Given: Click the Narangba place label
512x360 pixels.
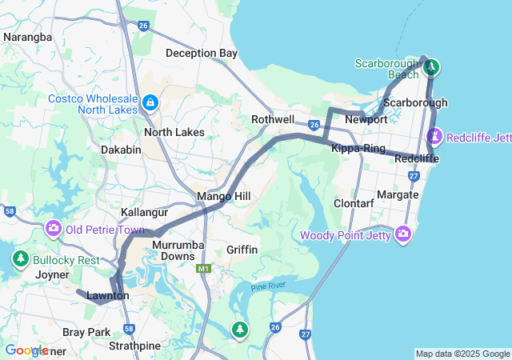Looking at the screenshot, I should [28, 37].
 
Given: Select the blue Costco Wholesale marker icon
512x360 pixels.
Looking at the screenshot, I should [150, 103].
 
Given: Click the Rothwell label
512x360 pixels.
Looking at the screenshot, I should [273, 119].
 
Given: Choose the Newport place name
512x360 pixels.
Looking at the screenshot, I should [366, 119].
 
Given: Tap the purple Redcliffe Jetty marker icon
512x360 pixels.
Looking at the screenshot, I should [435, 137].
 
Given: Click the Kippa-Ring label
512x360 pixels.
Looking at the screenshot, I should [358, 149].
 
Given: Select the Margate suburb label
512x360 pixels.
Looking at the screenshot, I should [398, 194].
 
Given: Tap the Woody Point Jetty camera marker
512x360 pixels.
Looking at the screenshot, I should [403, 234].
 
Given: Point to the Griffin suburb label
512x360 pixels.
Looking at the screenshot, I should [242, 250].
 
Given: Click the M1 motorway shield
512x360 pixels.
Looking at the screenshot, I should [202, 269].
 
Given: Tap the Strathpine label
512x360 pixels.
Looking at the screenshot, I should [134, 346].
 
